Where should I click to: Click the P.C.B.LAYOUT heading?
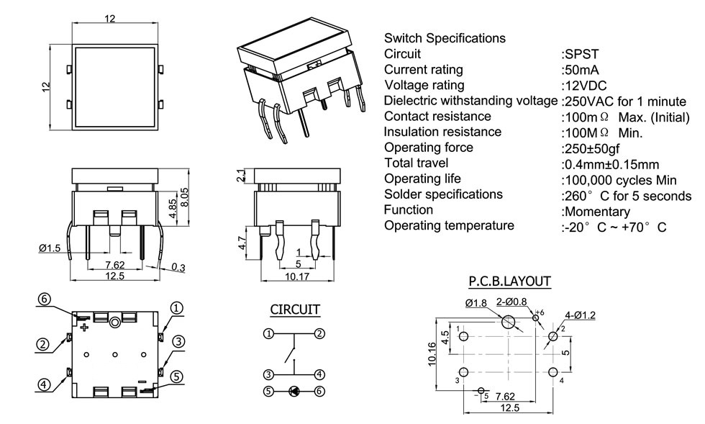pos(509,281)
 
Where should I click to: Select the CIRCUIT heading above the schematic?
pos(295,310)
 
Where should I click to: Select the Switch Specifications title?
pos(445,38)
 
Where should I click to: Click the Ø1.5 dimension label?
pos(50,248)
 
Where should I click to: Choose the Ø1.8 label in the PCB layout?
pos(476,303)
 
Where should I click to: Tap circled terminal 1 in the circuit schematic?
pos(268,333)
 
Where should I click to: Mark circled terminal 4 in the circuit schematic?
pos(319,374)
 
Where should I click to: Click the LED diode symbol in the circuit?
pos(294,391)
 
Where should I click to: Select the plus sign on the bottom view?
pos(84,328)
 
